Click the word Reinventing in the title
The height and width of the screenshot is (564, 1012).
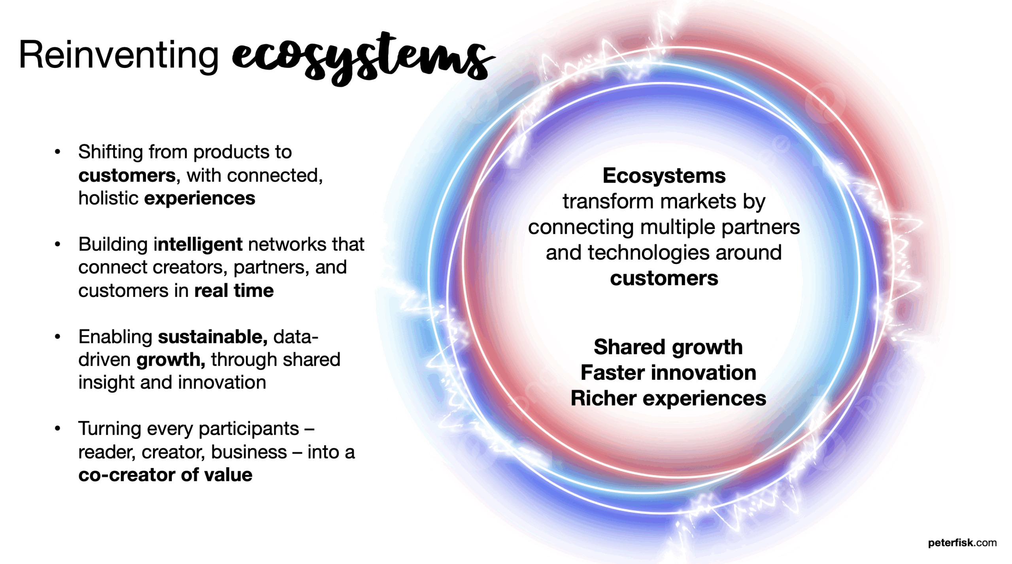119,55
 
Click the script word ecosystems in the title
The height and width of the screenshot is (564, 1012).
362,59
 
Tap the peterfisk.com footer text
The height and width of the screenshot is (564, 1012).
962,543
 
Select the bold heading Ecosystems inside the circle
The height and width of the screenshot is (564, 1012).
664,176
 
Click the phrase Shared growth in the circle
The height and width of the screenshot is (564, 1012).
668,347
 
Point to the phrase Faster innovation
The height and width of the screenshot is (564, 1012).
668,373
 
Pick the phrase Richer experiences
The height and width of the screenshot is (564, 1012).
668,399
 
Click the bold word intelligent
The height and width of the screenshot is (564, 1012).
198,244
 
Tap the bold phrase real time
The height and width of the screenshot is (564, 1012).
234,291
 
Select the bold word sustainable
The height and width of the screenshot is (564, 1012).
213,337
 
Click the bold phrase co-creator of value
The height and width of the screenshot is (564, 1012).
165,475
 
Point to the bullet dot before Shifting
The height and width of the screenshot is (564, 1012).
58,152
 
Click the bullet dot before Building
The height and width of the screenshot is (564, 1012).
58,244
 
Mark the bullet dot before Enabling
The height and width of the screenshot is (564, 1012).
58,337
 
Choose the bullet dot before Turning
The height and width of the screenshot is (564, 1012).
58,429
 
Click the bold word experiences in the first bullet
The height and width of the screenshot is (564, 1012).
200,198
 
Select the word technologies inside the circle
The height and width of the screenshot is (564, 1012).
649,253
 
